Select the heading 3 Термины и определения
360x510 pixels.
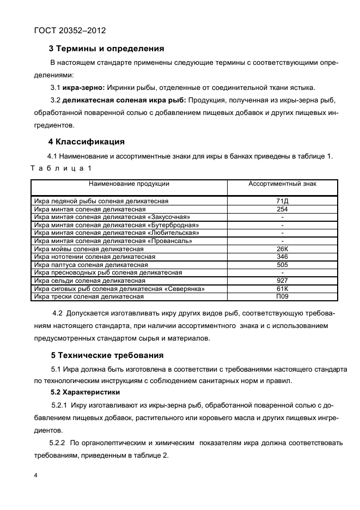[x=106, y=48]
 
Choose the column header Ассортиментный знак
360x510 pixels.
[x=282, y=184]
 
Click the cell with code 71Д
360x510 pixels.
[x=282, y=201]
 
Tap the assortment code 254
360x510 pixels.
[x=282, y=209]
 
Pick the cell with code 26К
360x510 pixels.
[x=282, y=249]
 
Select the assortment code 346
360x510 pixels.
[x=282, y=257]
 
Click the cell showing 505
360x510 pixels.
[x=282, y=265]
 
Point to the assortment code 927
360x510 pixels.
[x=282, y=281]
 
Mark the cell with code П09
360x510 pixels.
[x=282, y=296]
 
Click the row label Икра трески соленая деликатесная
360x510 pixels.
[x=89, y=296]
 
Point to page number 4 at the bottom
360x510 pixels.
[x=35, y=476]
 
